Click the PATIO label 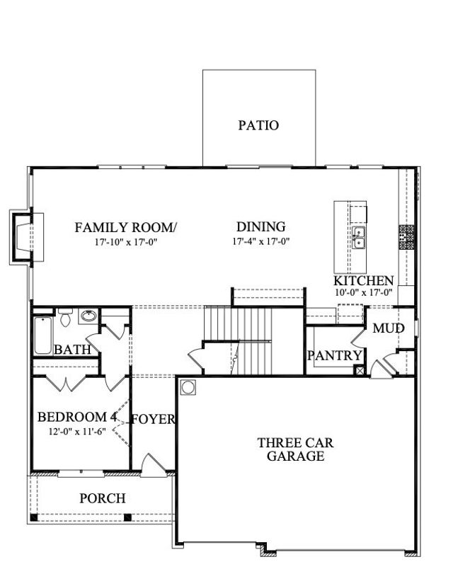258,126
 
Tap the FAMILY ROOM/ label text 126,227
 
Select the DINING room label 260,227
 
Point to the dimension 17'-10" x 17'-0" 126,241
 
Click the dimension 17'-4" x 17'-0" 261,241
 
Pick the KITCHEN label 364,280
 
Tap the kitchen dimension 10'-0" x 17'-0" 364,292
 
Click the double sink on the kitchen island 359,239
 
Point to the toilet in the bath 64,318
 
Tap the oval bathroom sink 88,316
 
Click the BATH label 71,350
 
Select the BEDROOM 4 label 77,417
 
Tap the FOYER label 154,419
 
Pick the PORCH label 102,498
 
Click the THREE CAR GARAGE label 295,449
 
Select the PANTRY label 335,355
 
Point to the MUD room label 389,329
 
